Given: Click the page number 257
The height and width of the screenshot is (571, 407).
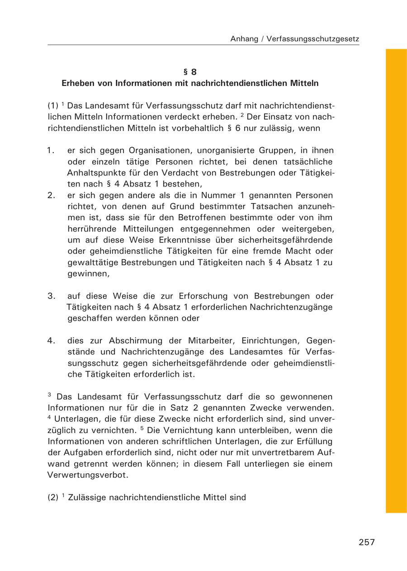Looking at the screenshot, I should tap(367, 542).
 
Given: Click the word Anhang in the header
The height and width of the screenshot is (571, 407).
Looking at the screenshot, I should tap(244, 39).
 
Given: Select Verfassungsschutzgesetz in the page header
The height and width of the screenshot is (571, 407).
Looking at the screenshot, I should tap(313, 39).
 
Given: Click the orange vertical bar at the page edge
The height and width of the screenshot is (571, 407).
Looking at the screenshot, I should tap(396, 281).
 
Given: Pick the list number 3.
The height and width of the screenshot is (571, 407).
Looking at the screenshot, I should tap(51, 296).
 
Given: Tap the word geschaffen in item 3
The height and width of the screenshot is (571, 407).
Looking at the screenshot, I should tap(89, 318).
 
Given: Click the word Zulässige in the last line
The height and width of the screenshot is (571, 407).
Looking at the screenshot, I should tap(85, 498).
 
